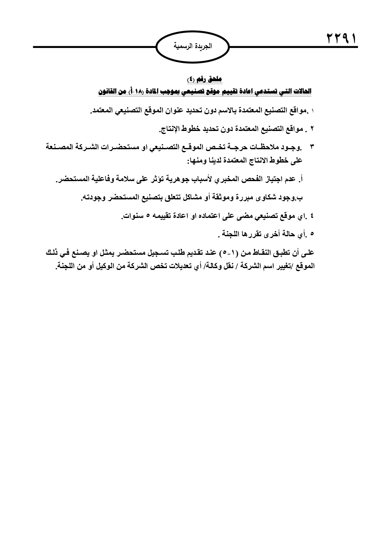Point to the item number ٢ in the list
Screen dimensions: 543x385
312,128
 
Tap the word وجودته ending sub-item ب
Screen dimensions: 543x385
92,198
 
